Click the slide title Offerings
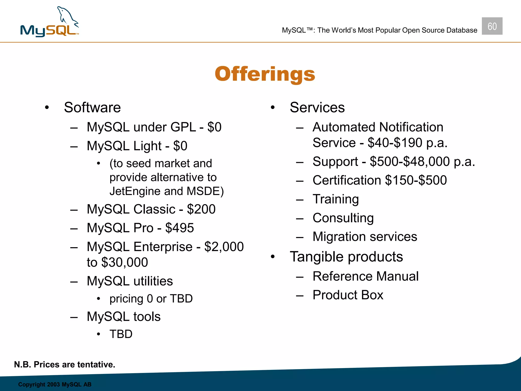tap(265, 74)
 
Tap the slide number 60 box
tap(492, 26)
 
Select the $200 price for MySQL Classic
tap(201, 209)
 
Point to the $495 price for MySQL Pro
tap(180, 228)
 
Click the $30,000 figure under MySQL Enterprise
tap(124, 262)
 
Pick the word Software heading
tap(92, 107)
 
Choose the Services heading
tap(317, 107)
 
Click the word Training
tap(336, 199)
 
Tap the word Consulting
tap(343, 218)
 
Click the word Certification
tap(347, 180)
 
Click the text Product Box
tap(348, 295)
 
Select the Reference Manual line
tap(366, 276)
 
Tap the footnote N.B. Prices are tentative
tap(65, 365)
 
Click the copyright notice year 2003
tap(53, 384)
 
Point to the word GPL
tap(183, 127)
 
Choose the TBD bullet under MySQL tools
tap(121, 334)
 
